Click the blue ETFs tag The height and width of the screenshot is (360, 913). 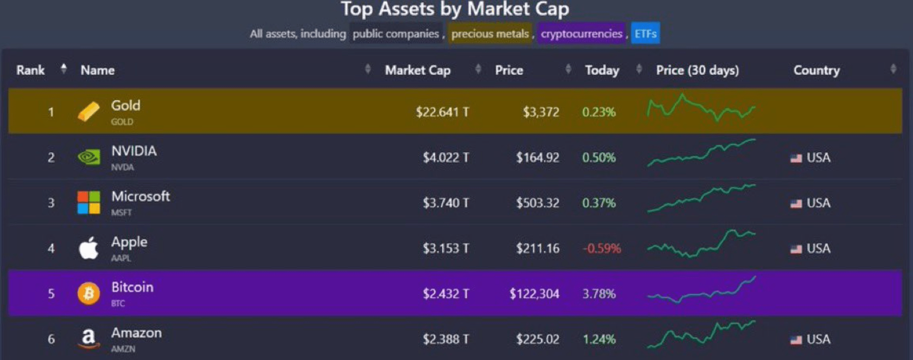point(645,34)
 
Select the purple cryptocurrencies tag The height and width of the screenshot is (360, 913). point(581,34)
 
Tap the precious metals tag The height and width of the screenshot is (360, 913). point(490,34)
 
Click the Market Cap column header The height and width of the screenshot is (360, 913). point(418,70)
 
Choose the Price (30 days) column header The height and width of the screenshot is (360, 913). point(697,70)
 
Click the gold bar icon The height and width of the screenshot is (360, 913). point(88,112)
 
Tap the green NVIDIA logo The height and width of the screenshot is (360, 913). point(88,157)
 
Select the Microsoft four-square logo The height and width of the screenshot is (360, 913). point(88,202)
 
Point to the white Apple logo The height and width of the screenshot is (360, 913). point(88,248)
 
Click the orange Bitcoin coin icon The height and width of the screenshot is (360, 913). point(88,293)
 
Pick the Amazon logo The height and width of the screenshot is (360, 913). point(88,339)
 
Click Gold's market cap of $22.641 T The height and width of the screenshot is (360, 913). point(442,112)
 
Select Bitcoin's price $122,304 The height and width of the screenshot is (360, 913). point(534,294)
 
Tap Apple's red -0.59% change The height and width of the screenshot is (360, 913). point(601,248)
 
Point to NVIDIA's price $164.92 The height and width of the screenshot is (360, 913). point(537,157)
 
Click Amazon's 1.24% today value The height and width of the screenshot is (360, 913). point(599,339)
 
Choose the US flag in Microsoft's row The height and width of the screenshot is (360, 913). point(796,203)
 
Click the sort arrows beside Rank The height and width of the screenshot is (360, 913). point(63,68)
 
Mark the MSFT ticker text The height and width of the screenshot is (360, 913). point(121,213)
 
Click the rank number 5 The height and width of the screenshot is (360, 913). point(51,294)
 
